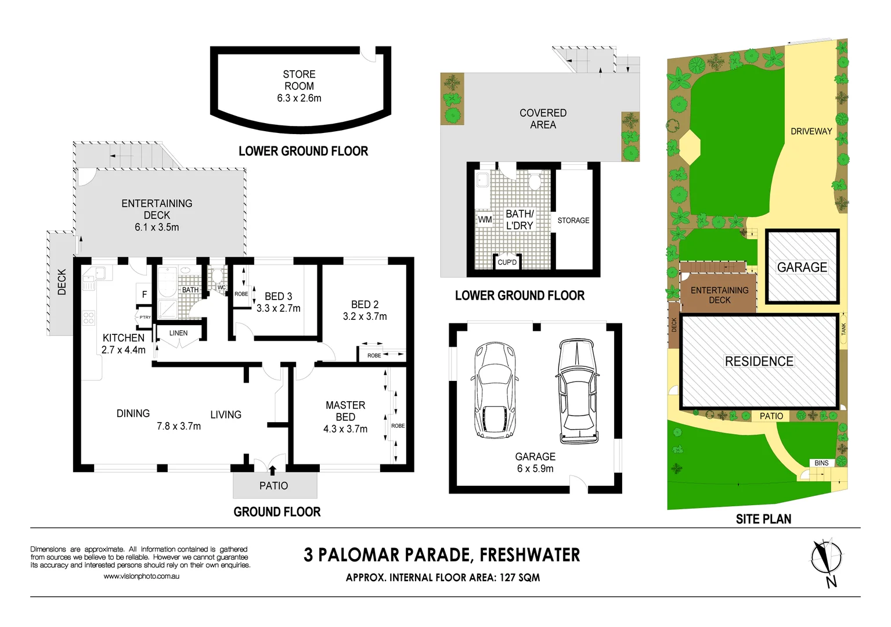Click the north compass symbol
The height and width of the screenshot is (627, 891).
pos(827,561)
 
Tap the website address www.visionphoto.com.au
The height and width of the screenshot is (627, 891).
pos(141,576)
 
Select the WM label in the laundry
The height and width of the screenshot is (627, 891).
pos(485,219)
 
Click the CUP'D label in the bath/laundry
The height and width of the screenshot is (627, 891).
pos(507,262)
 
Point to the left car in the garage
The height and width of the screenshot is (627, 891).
pos(495,390)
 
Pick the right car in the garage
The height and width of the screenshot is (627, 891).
pos(577,391)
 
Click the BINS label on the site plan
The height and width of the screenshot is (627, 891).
pos(821,463)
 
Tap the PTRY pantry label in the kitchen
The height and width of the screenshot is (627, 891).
pos(145,317)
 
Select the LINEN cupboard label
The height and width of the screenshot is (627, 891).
pos(178,333)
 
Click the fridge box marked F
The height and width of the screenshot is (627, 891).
pos(145,294)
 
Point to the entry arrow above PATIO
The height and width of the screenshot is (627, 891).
pos(272,470)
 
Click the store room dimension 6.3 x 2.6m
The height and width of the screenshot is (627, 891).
pos(299,98)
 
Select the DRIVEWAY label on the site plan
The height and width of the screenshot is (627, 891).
pos(811,131)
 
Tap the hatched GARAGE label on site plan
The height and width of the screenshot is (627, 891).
pos(802,267)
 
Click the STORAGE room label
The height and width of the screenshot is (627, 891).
pos(573,221)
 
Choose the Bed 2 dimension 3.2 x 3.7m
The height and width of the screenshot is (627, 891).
pos(365,316)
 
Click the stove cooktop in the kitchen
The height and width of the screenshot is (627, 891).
pos(88,318)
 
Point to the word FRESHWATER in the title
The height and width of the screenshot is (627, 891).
pos(529,555)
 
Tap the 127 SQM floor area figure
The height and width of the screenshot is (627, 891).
pos(520,578)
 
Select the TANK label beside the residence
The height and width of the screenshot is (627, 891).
pos(843,329)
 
